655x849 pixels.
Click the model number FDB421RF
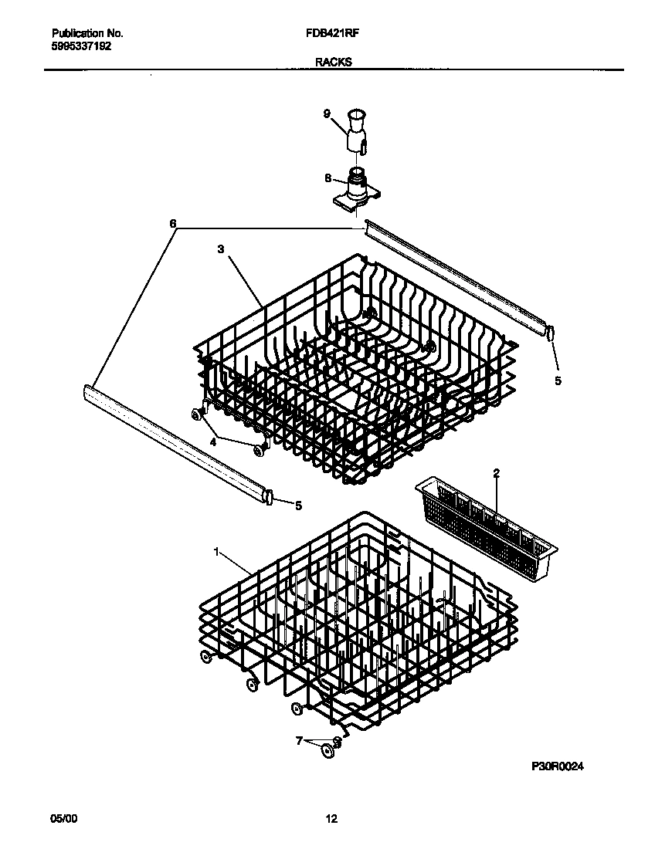(337, 34)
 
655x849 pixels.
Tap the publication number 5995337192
(81, 46)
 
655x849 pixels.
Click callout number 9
(327, 113)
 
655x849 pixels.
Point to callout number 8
(327, 178)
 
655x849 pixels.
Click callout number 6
(173, 224)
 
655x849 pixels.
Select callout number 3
(220, 249)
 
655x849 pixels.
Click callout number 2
(497, 472)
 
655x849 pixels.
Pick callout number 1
(217, 552)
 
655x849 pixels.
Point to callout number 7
(298, 741)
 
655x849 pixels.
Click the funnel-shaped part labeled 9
(356, 129)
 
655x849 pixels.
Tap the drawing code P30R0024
(557, 766)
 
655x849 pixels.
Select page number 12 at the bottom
(331, 819)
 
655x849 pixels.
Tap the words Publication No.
(87, 34)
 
